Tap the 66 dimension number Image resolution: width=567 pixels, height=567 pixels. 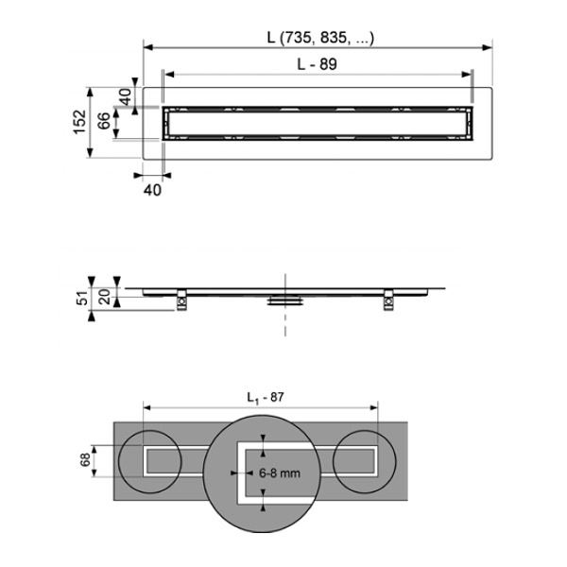104,123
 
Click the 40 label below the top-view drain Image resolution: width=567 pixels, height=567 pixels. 152,189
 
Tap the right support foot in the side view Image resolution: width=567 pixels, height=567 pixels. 387,301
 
